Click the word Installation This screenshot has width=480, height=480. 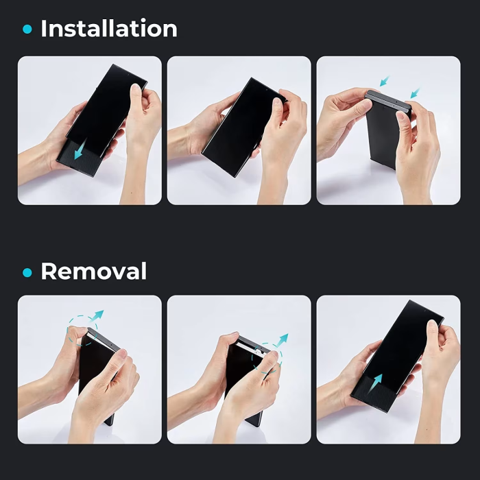109,29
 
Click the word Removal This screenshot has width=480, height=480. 94,272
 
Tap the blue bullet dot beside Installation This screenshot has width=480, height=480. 27,29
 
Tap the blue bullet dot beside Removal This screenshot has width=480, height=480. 27,272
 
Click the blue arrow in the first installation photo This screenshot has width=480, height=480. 80,149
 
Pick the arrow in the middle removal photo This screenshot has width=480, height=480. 282,339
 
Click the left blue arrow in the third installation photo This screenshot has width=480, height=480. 385,81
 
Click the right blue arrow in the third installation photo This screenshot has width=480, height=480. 415,93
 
